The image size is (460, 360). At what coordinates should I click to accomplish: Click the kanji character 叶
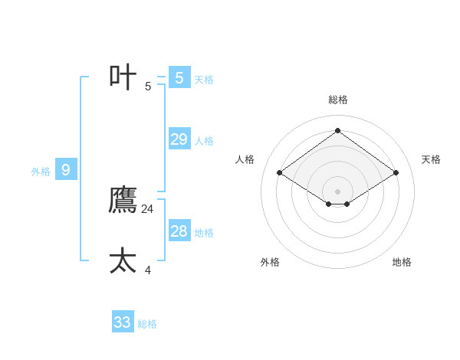pyautogui.click(x=123, y=77)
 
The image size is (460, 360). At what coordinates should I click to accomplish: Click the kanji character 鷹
pyautogui.click(x=123, y=200)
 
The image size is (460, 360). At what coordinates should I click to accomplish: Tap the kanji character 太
pyautogui.click(x=123, y=260)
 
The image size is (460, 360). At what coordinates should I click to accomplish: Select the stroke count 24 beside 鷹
pyautogui.click(x=148, y=208)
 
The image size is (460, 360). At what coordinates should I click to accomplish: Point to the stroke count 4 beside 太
pyautogui.click(x=148, y=270)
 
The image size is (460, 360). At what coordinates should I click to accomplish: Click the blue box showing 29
pyautogui.click(x=179, y=139)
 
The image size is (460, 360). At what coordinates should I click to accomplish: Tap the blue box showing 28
pyautogui.click(x=179, y=231)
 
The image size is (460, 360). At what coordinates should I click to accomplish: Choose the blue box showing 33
pyautogui.click(x=123, y=322)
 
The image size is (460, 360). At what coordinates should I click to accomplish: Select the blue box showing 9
pyautogui.click(x=66, y=170)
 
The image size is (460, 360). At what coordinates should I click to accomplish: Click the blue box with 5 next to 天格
pyautogui.click(x=179, y=77)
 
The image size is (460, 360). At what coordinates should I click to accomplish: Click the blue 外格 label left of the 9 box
pyautogui.click(x=41, y=172)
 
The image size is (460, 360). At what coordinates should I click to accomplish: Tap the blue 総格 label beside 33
pyautogui.click(x=147, y=324)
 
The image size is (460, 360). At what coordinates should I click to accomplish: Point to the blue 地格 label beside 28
pyautogui.click(x=204, y=232)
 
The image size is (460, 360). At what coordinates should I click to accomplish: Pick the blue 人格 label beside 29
pyautogui.click(x=204, y=141)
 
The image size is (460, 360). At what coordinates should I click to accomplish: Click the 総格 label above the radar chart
pyautogui.click(x=337, y=100)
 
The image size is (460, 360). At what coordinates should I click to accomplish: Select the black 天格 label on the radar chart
pyautogui.click(x=431, y=159)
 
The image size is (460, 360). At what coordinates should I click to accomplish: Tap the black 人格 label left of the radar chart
pyautogui.click(x=245, y=159)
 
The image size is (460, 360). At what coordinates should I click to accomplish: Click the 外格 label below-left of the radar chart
pyautogui.click(x=270, y=262)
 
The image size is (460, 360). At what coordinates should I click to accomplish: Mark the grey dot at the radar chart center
pyautogui.click(x=337, y=191)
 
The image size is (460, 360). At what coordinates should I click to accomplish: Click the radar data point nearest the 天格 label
pyautogui.click(x=396, y=172)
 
